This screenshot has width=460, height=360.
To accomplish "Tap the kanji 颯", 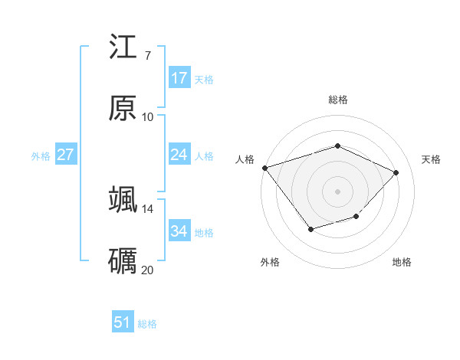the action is tap(123, 200).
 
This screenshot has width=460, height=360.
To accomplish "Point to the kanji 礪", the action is tap(123, 261).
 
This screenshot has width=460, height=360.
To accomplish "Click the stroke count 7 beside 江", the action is tap(147, 56).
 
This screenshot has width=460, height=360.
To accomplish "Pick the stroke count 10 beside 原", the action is tap(147, 117).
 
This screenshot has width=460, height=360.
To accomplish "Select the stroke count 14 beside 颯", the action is tap(147, 208).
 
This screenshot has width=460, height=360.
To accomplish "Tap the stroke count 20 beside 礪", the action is tap(147, 270).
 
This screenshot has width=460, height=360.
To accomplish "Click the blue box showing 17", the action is tap(179, 77).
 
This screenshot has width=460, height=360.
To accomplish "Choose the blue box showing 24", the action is tap(179, 155).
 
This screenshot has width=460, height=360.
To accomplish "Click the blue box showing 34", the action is tap(179, 231).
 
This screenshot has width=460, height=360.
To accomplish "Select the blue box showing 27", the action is tap(66, 155).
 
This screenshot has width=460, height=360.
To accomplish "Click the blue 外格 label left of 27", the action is tap(41, 155).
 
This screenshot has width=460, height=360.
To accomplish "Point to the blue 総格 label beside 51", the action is tap(147, 324).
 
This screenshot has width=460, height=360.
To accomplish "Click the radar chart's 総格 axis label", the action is tap(337, 100).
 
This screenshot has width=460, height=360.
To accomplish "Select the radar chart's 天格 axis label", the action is tap(431, 159).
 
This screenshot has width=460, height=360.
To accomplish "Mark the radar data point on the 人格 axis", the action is tap(264, 168).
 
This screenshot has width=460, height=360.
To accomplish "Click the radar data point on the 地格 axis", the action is tap(356, 217).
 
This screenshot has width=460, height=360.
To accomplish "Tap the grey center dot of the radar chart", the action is tap(337, 191).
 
